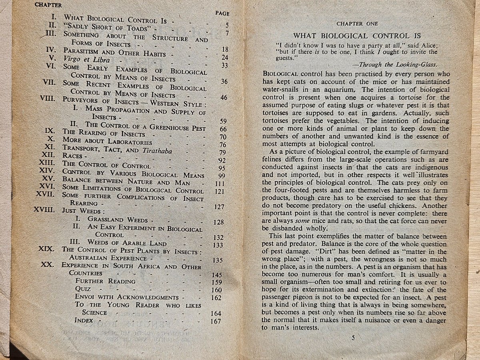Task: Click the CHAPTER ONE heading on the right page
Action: pos(358,24)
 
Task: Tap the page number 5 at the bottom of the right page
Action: pos(353,338)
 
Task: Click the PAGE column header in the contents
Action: pos(222,13)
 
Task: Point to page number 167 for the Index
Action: pos(216,321)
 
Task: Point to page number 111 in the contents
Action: pos(218,183)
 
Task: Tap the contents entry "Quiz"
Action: pos(83,289)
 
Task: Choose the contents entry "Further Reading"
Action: pos(105,281)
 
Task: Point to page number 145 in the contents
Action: pos(218,275)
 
